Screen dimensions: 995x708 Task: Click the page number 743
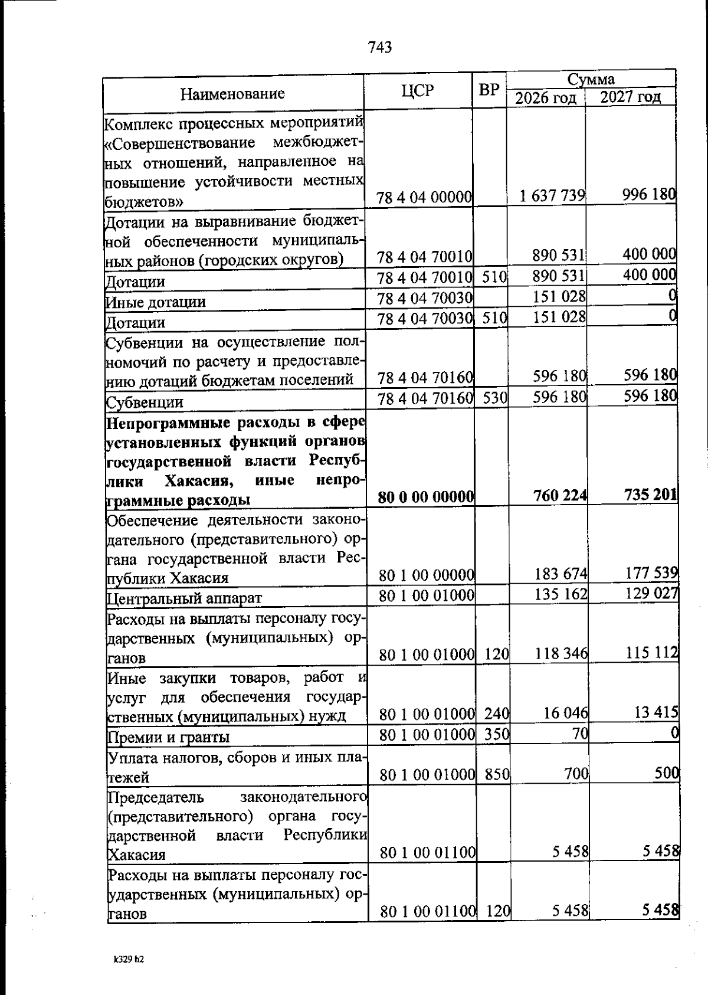coord(379,48)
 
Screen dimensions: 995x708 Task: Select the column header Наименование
coord(232,93)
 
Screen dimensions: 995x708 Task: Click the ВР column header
coord(489,90)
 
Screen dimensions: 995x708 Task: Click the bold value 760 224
coord(559,496)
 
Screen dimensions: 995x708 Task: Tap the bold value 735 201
coord(651,495)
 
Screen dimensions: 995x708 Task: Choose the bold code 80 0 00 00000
coord(426,498)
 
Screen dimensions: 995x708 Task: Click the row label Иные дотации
coord(156,302)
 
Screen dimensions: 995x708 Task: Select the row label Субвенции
coord(144,402)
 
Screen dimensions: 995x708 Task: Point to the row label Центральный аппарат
coord(183,598)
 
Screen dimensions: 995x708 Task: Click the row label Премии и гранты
coord(168,737)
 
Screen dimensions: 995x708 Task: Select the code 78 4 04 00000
coord(424,197)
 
